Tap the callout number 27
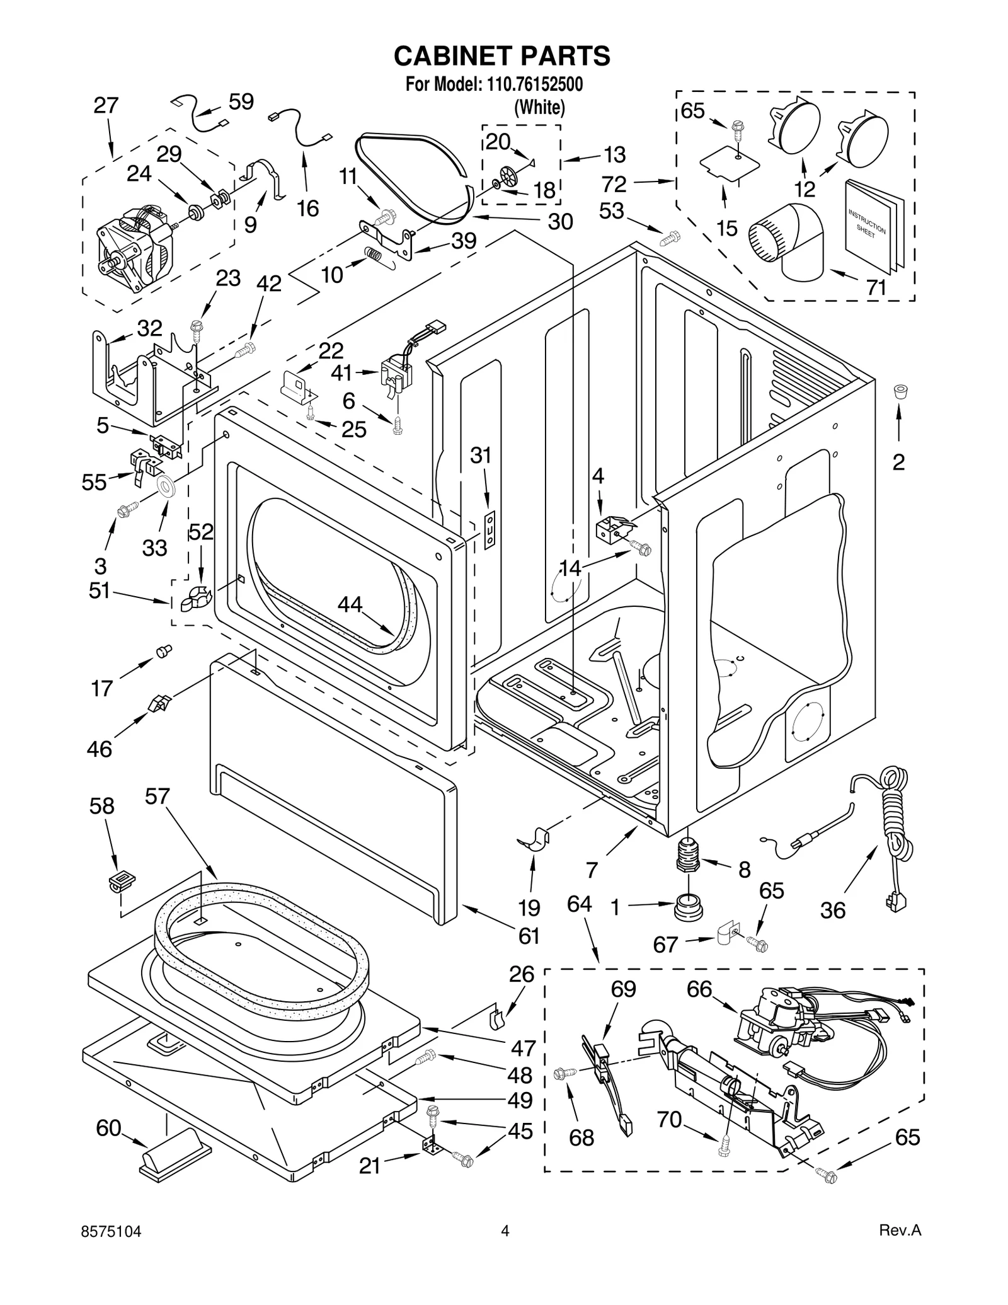[x=106, y=105]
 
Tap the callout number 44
[x=350, y=605]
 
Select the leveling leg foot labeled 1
[x=688, y=907]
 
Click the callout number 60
[x=108, y=1127]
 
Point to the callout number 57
[x=157, y=796]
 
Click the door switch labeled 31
[x=489, y=530]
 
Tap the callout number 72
[x=614, y=184]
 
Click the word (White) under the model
[x=539, y=108]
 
